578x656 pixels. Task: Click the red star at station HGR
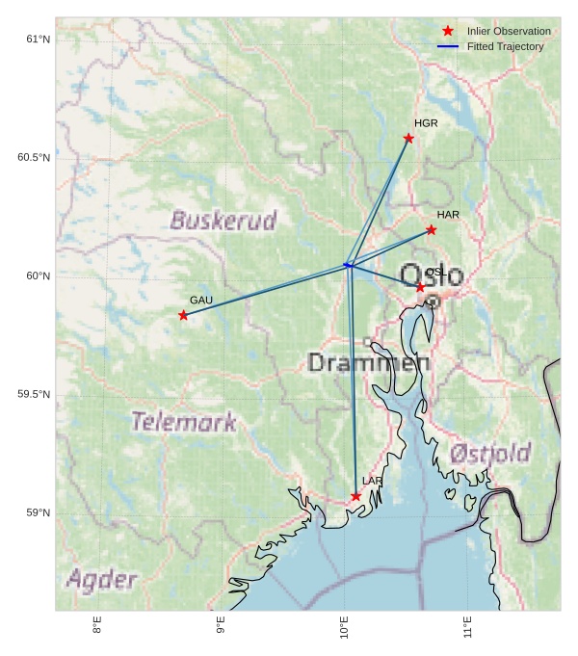408,139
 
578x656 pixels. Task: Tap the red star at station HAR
431,230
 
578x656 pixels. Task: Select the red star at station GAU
183,316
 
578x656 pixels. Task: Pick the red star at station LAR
355,497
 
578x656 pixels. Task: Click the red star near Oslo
420,288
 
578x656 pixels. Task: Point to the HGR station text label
426,124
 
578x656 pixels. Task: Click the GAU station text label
200,301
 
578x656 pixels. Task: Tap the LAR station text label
372,481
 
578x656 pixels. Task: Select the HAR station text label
448,215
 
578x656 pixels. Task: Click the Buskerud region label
223,221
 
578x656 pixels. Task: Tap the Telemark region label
183,422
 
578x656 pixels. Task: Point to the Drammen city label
368,363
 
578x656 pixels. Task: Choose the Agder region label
101,580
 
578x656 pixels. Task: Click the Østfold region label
490,453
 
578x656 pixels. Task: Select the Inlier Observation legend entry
509,32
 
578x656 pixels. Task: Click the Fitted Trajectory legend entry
505,47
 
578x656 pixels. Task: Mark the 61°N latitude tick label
38,39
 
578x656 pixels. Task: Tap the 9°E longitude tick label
221,625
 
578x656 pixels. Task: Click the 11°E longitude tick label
468,625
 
